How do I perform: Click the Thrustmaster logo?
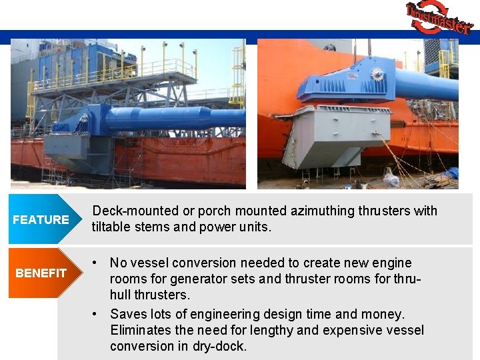click(439, 17)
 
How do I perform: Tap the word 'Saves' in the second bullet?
click(128, 313)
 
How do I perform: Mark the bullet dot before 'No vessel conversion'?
click(97, 263)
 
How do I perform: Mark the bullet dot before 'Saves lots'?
click(97, 313)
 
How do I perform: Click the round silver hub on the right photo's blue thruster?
click(377, 73)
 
